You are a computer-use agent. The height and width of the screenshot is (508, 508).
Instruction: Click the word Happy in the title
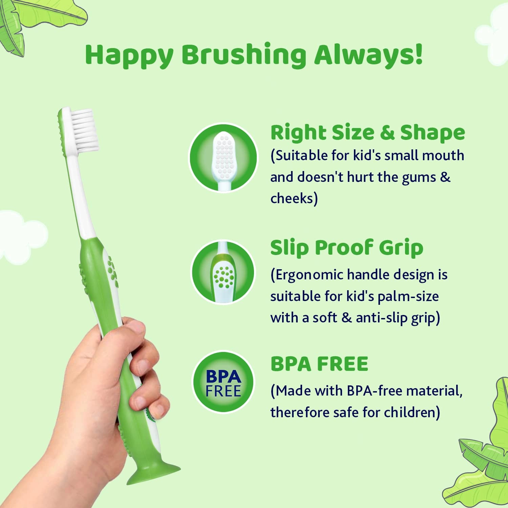pos(129,55)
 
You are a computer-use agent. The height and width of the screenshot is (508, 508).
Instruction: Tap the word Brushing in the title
pos(244,55)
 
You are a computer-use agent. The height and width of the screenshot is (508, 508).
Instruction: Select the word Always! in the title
pos(368,55)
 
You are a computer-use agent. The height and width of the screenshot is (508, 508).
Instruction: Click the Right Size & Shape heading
pos(367,132)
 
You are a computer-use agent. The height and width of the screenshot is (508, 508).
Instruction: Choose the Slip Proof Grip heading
pos(346,248)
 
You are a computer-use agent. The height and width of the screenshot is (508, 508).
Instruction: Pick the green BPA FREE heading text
pos(319,364)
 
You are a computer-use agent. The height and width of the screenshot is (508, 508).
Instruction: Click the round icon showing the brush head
pos(223,158)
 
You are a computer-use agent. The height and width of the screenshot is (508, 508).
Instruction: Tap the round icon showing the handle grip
pos(223,272)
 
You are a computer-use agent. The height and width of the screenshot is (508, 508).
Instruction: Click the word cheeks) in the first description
pos(294,198)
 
